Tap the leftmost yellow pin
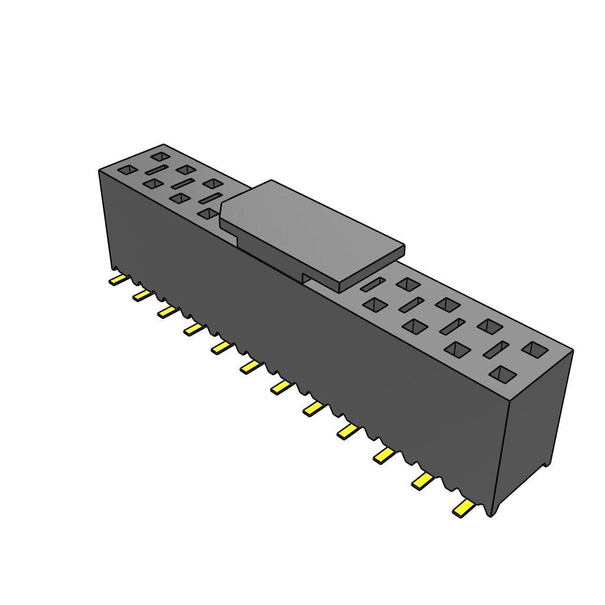pyautogui.click(x=118, y=279)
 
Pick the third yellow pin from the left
pyautogui.click(x=168, y=311)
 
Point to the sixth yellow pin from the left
pyautogui.click(x=251, y=367)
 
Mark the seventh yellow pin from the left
pyautogui.click(x=282, y=387)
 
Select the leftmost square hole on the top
pyautogui.click(x=128, y=170)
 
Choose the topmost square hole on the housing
pyautogui.click(x=160, y=157)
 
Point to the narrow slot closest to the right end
pyautogui.click(x=496, y=349)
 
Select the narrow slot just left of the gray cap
pyautogui.click(x=210, y=198)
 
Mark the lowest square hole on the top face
pyautogui.click(x=503, y=373)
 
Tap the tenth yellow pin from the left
pyautogui.click(x=383, y=454)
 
